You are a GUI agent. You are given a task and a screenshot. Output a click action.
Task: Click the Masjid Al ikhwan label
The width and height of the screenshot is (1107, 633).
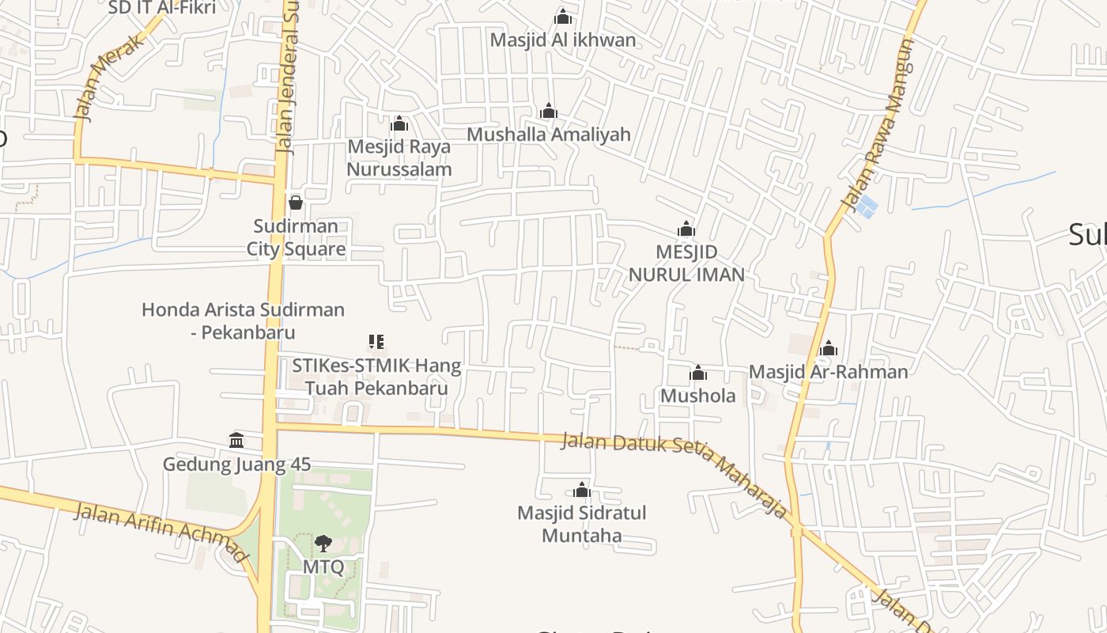(562, 40)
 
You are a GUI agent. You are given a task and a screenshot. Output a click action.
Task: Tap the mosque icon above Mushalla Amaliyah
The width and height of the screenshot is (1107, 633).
(548, 111)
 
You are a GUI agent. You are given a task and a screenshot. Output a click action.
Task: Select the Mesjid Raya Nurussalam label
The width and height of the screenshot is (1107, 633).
(399, 157)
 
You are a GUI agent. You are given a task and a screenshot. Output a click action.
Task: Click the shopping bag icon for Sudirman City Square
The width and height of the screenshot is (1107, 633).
(296, 203)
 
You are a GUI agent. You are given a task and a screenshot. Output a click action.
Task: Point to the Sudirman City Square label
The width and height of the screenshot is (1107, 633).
(296, 237)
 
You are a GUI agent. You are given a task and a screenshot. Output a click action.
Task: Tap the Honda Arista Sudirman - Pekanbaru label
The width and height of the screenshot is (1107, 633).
(243, 320)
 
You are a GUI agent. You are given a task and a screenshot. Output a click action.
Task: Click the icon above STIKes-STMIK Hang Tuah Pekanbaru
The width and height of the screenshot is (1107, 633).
(376, 342)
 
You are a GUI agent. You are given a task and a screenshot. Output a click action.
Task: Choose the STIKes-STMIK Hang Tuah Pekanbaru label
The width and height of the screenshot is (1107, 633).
(376, 377)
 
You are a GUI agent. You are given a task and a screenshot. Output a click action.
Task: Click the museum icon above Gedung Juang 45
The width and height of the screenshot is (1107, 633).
(236, 440)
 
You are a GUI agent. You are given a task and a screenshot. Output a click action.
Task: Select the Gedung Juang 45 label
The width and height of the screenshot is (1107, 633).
(236, 464)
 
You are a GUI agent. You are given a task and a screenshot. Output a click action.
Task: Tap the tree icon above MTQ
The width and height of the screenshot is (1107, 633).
(323, 543)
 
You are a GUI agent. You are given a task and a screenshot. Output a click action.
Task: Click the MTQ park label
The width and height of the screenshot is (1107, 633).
(323, 567)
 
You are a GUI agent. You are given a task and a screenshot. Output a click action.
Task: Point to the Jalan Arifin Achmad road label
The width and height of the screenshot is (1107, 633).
(161, 532)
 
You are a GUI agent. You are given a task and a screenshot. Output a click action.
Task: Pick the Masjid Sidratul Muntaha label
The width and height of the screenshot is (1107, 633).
(581, 524)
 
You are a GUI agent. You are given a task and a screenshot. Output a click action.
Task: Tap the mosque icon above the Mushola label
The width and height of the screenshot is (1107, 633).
(698, 373)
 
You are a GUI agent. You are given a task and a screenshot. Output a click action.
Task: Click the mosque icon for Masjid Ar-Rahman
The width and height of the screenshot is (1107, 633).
(829, 348)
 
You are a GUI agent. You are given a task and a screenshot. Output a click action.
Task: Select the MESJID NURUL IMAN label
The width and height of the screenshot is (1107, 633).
(686, 263)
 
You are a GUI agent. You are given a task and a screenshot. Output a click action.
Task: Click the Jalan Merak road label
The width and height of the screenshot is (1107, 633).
(110, 78)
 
